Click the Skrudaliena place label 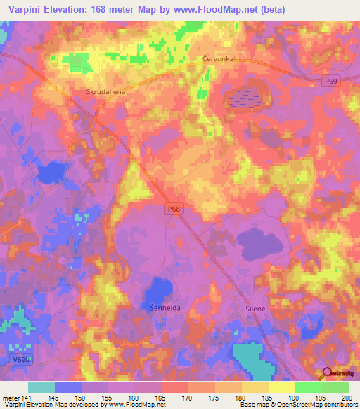pyautogui.click(x=105, y=91)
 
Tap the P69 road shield pyautogui.click(x=333, y=82)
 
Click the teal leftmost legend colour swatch pyautogui.click(x=41, y=387)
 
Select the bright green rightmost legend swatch pyautogui.click(x=335, y=387)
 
